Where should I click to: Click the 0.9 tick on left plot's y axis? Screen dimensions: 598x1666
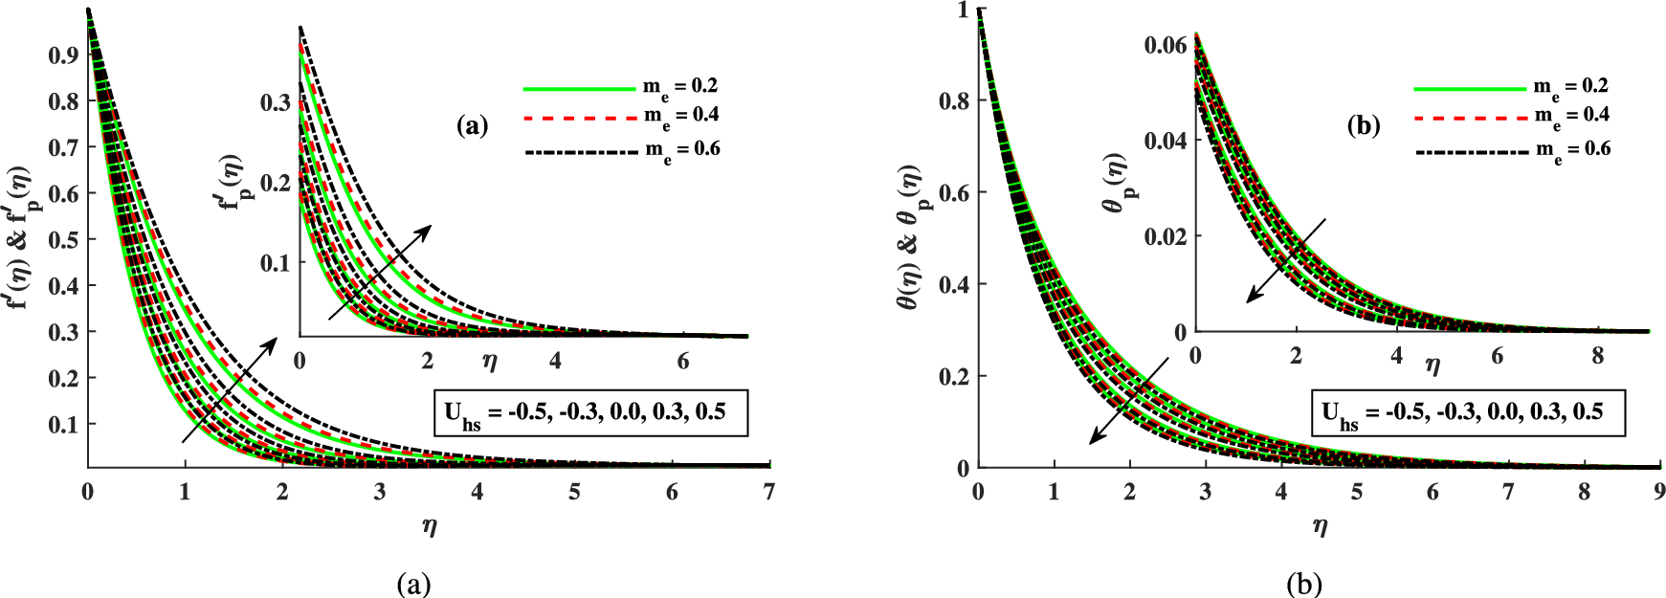coord(63,55)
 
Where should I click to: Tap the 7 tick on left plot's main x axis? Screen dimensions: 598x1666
coord(769,492)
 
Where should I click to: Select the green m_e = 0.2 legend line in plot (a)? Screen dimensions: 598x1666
coord(579,88)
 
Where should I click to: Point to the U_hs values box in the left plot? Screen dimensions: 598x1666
coord(590,413)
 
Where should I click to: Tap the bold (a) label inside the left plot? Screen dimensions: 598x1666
coord(473,125)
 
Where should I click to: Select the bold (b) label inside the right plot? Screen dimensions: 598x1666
coord(1363,125)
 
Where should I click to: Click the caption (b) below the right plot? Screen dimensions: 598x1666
coord(1304,584)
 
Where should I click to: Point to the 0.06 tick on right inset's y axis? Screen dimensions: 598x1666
coord(1165,45)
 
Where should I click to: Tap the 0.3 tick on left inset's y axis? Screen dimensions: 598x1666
coord(276,102)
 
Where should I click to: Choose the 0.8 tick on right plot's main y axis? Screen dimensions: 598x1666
coord(953,100)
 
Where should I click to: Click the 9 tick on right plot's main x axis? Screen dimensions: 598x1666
coord(1659,492)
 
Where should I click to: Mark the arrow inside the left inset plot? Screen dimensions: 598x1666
coord(380,272)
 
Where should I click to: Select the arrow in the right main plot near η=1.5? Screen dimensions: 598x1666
coord(1128,402)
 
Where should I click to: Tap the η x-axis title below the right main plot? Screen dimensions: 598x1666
coord(1321,526)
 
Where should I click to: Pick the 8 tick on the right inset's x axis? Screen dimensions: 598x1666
coord(1597,356)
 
